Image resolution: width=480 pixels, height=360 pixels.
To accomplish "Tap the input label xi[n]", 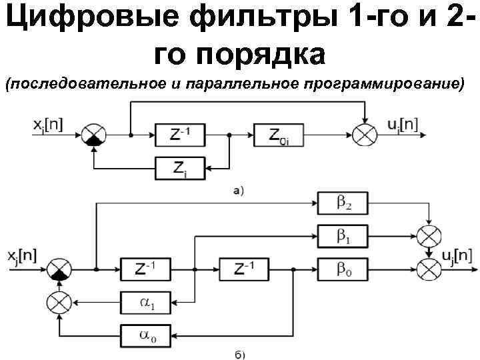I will tap(47, 124).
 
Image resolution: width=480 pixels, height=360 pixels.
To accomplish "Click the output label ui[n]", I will tap(403, 124).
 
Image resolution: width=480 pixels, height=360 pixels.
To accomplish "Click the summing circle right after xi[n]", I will tap(92, 135).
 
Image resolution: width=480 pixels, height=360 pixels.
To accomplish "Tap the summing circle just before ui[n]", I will tap(365, 135).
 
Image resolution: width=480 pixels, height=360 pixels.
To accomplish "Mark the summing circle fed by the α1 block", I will tap(60, 302).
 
